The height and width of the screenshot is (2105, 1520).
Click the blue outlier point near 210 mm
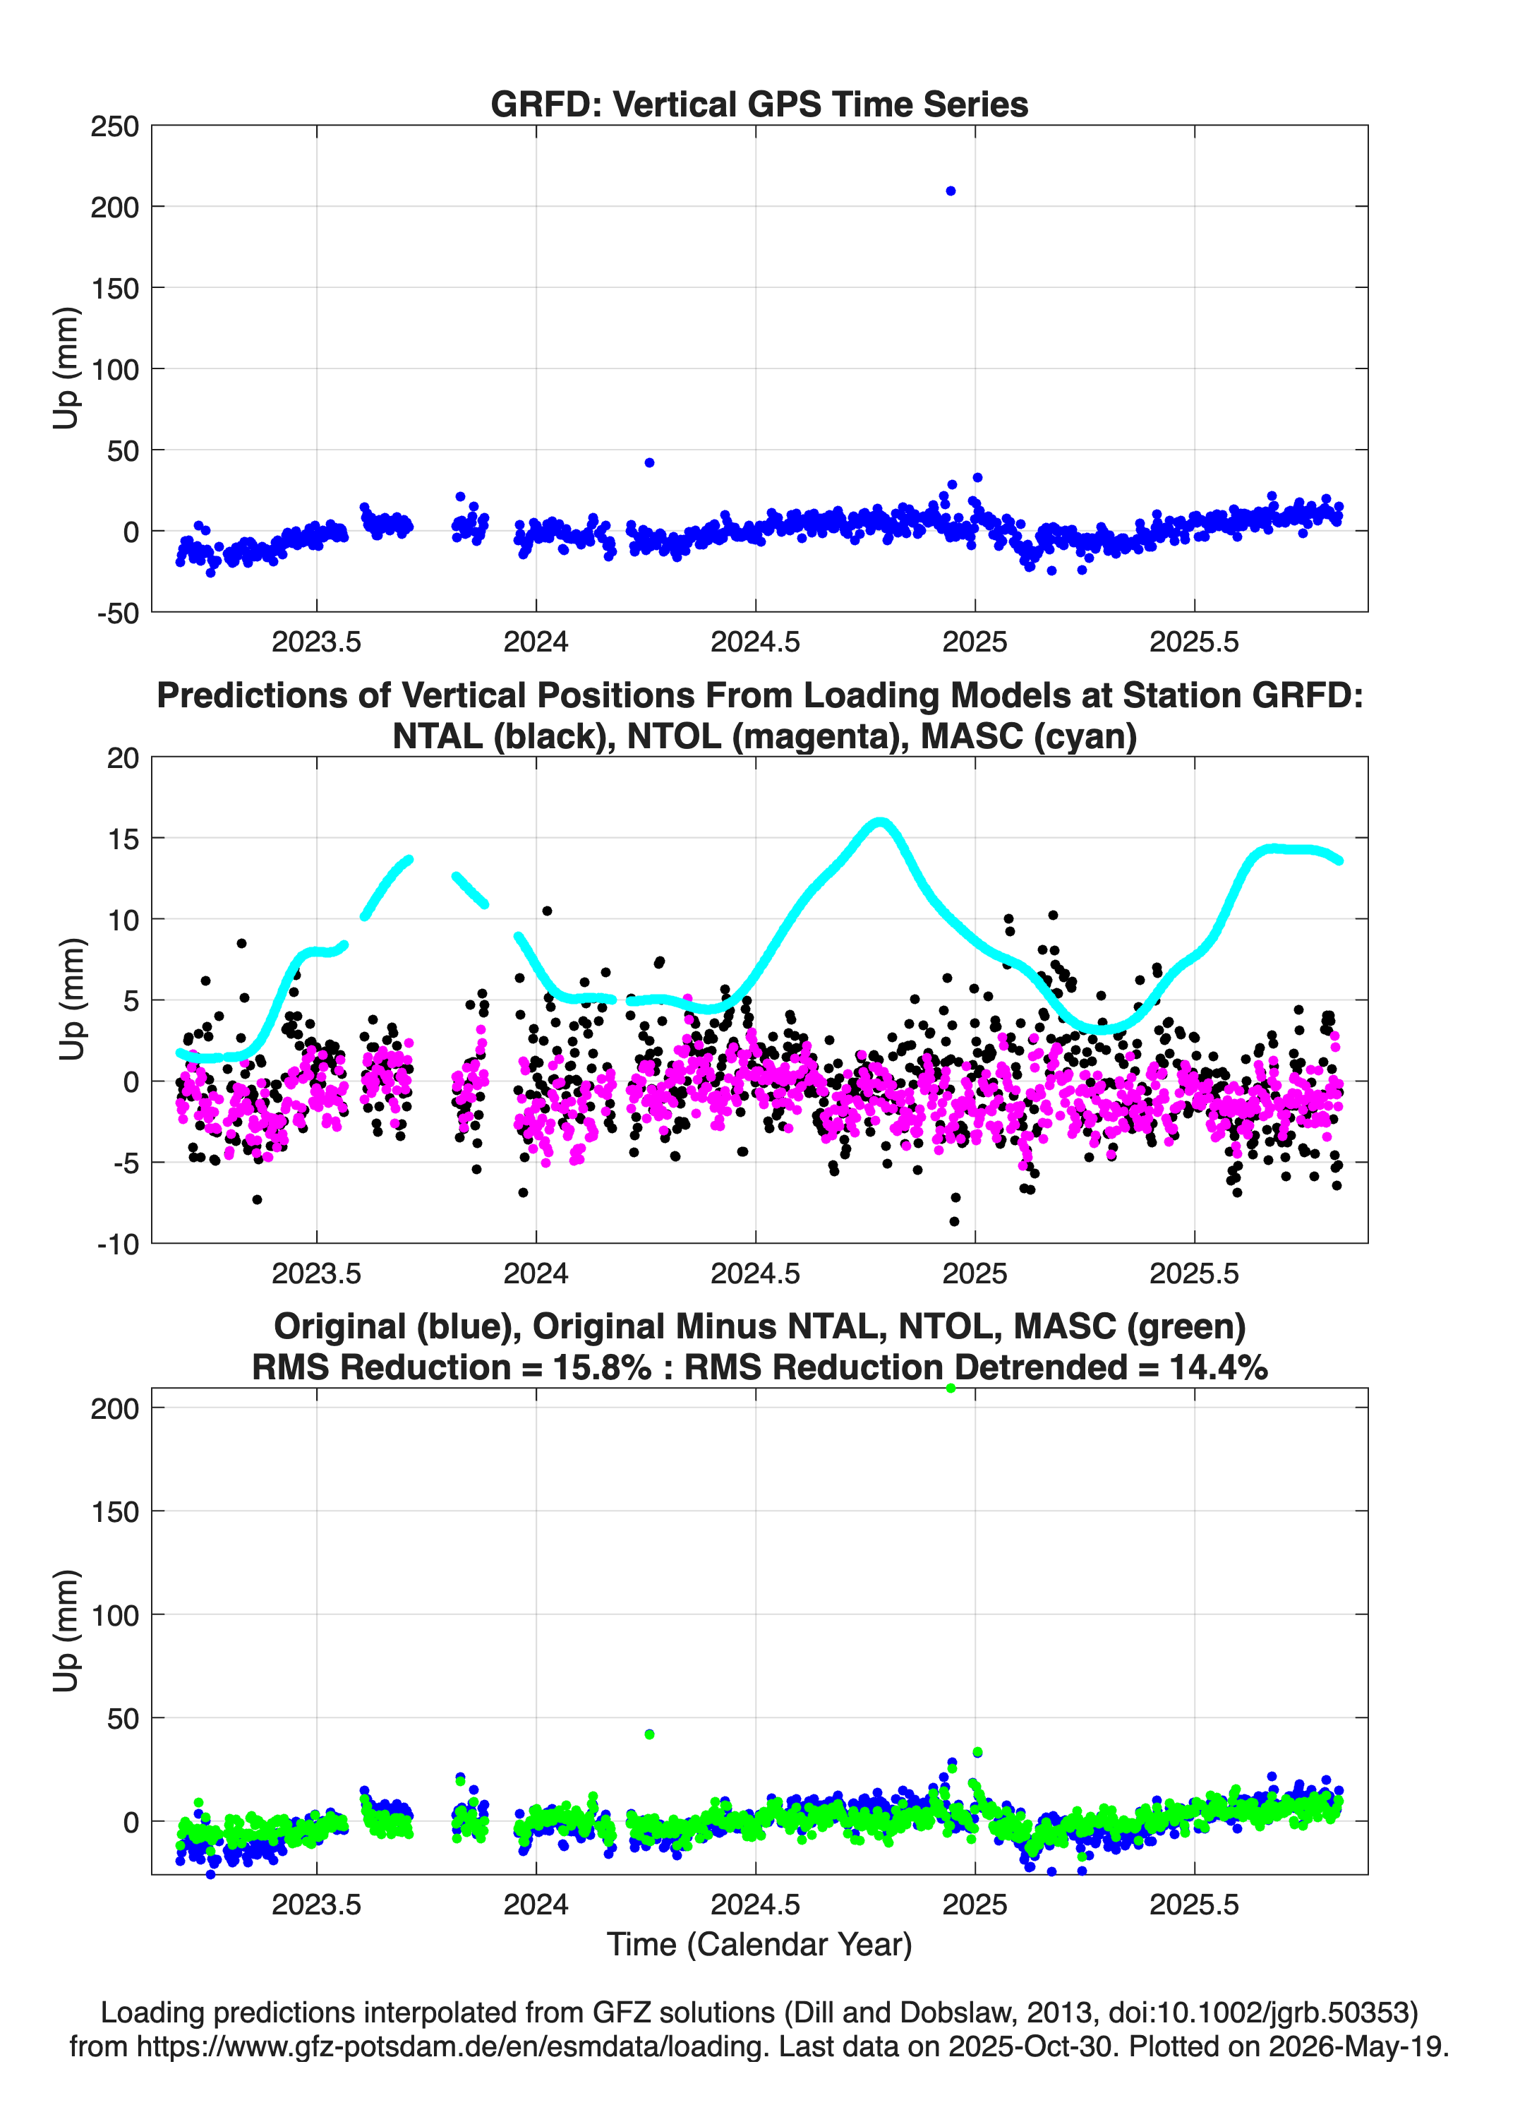951,191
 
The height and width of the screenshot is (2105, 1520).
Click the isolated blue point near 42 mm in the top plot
650,462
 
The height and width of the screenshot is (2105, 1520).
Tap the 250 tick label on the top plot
114,126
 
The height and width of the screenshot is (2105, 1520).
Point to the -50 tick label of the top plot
117,613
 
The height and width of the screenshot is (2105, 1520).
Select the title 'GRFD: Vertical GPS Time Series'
759,104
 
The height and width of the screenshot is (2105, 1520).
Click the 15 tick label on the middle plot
123,838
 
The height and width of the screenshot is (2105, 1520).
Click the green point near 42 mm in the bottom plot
650,1734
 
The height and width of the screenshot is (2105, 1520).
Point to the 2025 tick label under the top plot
975,642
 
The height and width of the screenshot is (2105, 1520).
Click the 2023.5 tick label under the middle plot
316,1273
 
